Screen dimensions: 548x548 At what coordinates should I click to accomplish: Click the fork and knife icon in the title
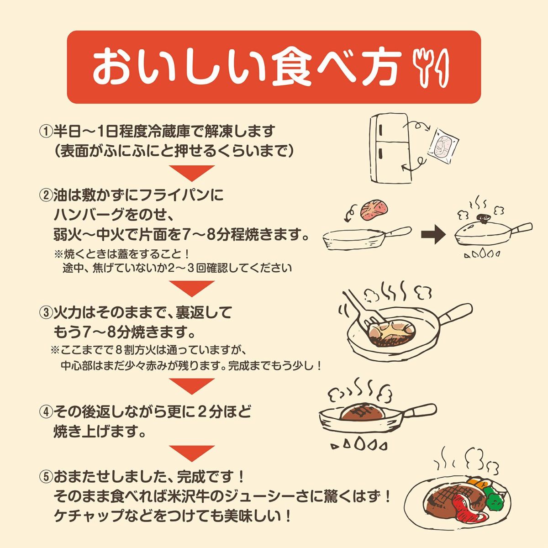point(431,68)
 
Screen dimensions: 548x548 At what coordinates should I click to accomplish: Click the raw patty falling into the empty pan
point(373,211)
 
